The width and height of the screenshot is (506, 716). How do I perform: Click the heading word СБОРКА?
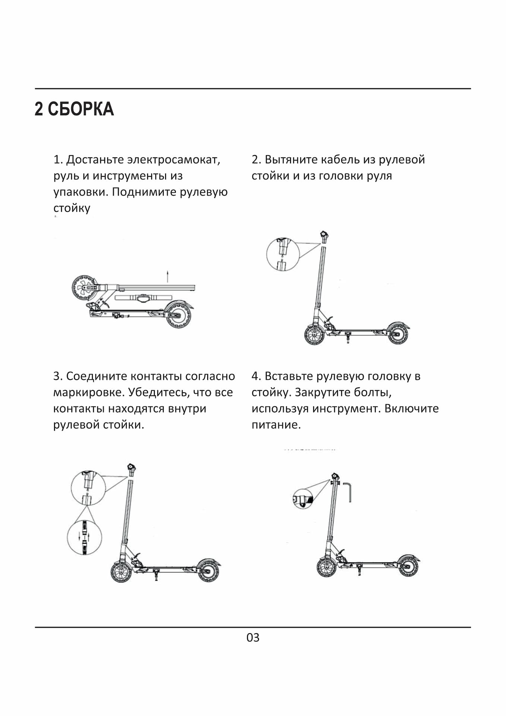pos(81,109)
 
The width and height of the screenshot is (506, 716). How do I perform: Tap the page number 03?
pos(253,638)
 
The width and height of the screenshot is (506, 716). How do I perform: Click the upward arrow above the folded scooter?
pos(168,276)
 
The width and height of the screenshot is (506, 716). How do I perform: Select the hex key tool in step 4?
pos(348,492)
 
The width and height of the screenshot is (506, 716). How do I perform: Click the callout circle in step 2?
pos(283,254)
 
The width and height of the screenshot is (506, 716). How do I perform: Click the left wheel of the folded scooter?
pos(84,288)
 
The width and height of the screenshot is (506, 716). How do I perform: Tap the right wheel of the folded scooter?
pos(178,315)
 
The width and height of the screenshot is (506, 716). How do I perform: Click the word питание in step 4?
pos(276,425)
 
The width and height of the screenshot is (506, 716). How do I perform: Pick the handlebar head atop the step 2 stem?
pos(324,236)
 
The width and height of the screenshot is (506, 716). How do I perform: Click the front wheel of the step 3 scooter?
pos(121,571)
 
